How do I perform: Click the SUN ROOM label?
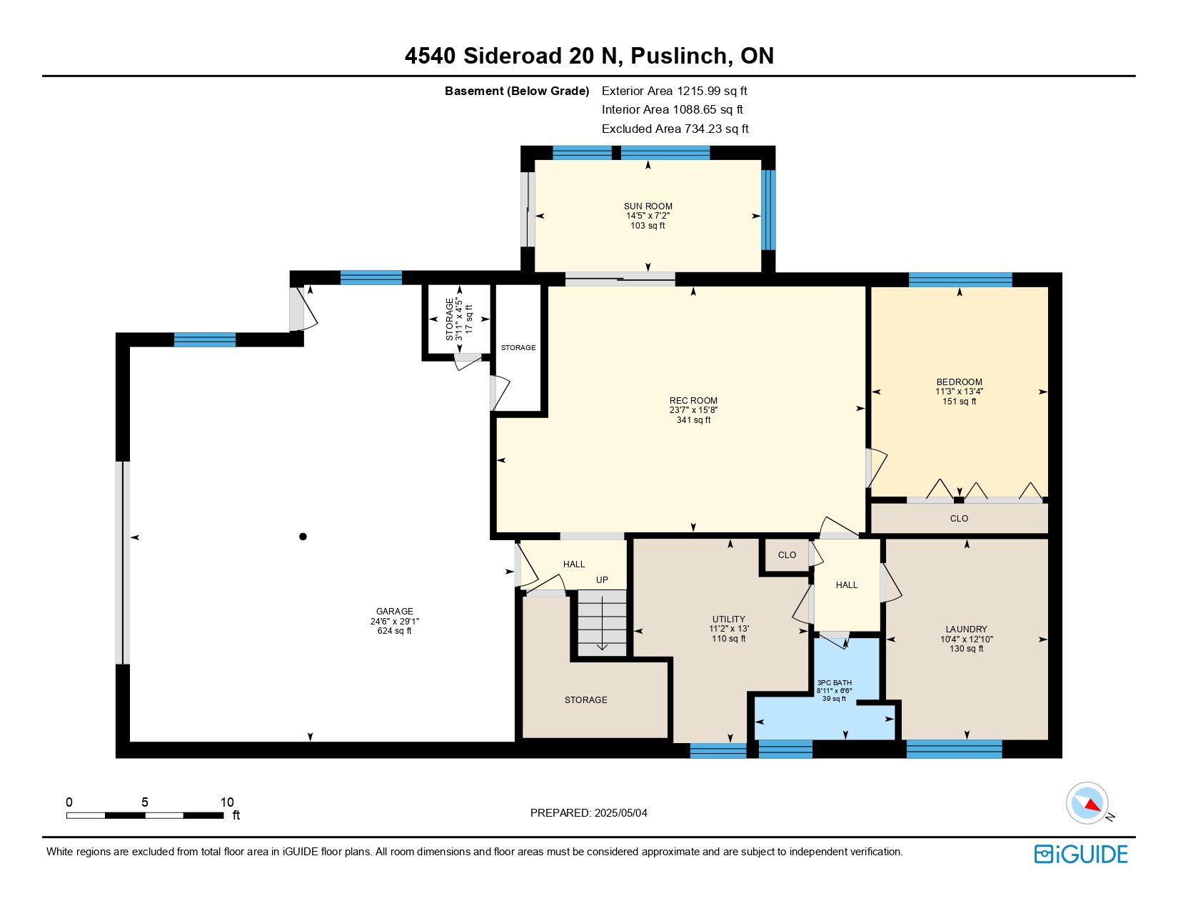648,206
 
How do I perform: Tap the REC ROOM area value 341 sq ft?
693,420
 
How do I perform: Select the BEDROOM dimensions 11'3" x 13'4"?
959,392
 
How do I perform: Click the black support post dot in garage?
303,537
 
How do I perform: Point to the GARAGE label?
395,612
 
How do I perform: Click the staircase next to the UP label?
602,623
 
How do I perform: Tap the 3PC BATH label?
835,682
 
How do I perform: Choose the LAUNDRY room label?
966,629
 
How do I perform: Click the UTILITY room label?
729,619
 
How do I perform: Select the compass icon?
1087,803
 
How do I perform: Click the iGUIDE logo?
1080,854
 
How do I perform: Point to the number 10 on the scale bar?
227,802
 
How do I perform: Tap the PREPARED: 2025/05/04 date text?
589,813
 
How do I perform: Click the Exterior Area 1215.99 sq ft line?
675,91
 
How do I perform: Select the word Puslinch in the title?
679,56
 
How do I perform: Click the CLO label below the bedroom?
959,519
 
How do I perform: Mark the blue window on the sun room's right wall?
768,210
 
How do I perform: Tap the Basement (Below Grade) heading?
517,91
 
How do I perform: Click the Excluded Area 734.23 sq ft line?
675,129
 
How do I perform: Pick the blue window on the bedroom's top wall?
960,279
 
